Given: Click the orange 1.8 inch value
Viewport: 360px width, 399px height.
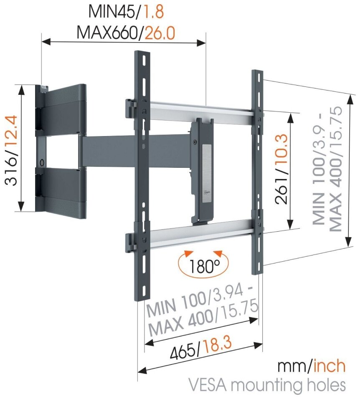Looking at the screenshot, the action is (154, 12).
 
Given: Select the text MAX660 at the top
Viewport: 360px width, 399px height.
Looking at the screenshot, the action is (107, 33).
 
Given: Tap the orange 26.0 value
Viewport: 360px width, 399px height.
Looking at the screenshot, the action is (160, 33).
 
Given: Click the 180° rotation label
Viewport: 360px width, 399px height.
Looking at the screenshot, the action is (204, 266).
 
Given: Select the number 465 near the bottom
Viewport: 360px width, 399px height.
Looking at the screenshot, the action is (183, 352).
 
